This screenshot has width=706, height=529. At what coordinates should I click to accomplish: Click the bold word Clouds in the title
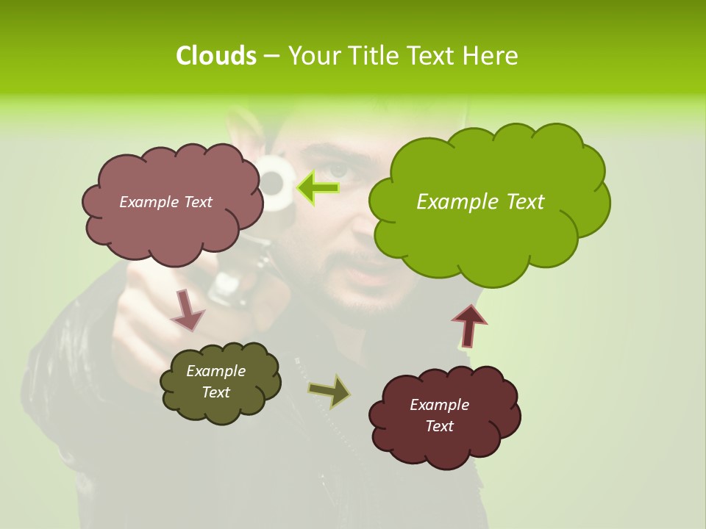215,56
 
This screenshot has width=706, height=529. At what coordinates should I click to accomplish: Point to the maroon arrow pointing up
468,325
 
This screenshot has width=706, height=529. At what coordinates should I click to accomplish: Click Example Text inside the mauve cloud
165,202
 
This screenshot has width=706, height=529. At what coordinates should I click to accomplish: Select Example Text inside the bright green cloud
480,202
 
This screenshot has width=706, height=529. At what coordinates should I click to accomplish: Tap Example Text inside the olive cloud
216,381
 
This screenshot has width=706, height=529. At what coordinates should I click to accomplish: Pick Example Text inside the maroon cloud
439,415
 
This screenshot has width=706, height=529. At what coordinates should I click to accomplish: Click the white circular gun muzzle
274,182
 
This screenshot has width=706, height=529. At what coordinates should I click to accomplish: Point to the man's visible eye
338,170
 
